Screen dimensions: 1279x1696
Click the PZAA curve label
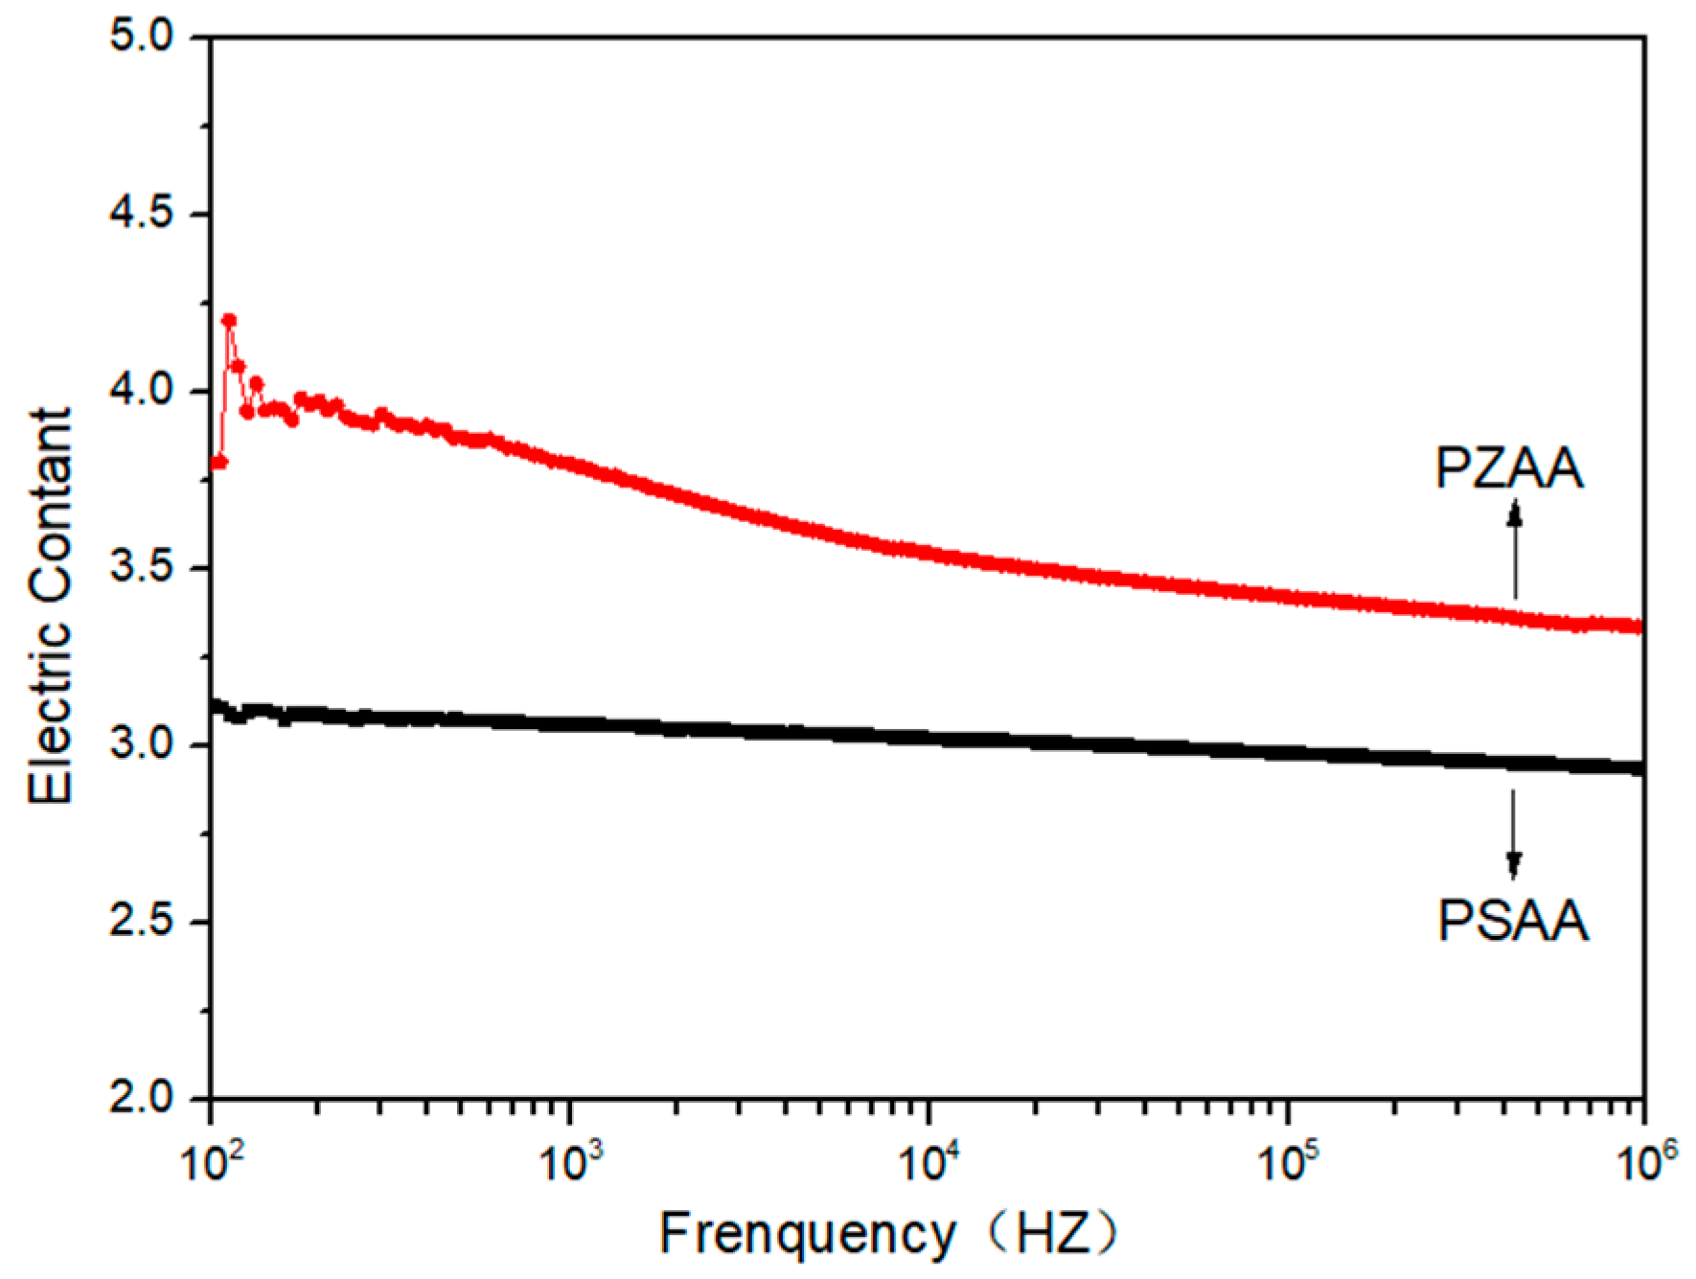point(1509,468)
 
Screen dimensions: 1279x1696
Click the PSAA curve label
point(1513,921)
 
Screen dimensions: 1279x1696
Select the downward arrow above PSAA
point(1513,833)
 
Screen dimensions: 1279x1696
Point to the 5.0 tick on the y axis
point(142,36)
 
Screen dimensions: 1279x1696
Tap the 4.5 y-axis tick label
point(142,214)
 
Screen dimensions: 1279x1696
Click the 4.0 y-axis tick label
point(142,391)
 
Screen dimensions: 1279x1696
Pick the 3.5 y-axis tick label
point(142,567)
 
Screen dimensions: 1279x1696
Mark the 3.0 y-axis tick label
point(142,744)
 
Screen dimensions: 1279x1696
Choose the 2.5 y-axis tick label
point(142,922)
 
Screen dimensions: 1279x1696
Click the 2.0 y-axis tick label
point(142,1098)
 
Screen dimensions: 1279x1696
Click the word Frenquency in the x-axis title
point(807,1234)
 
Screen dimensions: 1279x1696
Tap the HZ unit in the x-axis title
point(1054,1234)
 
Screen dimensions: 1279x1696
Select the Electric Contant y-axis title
point(50,605)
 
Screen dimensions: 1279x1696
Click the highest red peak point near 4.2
point(229,321)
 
